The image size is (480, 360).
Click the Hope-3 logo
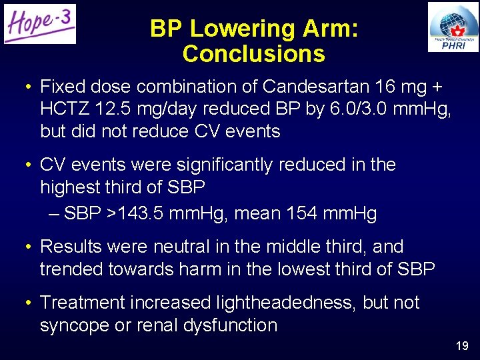[40, 24]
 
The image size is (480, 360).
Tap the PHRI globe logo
[453, 27]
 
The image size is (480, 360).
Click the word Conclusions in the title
[253, 54]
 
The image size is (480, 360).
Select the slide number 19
[462, 346]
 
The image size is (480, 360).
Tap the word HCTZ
[66, 109]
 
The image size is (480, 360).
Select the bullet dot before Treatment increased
[26, 303]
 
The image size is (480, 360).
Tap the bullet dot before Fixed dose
[26, 87]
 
